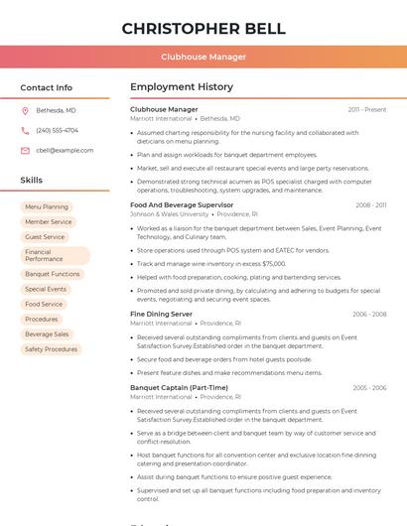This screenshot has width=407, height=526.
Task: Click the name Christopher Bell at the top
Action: [203, 29]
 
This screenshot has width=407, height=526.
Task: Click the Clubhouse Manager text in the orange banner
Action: [203, 57]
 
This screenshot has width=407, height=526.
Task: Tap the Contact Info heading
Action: [46, 87]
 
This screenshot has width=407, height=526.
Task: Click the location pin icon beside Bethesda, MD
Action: [25, 110]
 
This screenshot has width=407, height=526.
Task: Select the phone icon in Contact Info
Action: [25, 130]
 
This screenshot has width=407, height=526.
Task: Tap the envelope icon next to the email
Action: [25, 150]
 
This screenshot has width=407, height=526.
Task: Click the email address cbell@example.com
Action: [65, 150]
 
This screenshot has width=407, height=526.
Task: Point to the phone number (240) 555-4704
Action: [57, 130]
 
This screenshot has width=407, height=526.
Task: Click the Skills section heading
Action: [31, 180]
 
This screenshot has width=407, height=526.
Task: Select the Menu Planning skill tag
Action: [47, 206]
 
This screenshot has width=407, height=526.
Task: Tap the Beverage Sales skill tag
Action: [47, 334]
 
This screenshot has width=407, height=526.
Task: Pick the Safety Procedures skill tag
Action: [51, 349]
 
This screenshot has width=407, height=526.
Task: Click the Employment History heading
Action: [181, 87]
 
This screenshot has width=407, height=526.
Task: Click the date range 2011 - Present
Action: [367, 109]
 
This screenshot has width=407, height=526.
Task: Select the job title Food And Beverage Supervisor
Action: [182, 204]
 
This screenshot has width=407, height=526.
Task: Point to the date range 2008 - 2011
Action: [371, 204]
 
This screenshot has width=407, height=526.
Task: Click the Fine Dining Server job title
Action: [161, 314]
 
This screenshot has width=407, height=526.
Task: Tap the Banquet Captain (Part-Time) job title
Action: [179, 387]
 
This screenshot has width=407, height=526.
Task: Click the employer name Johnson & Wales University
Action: [169, 213]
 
